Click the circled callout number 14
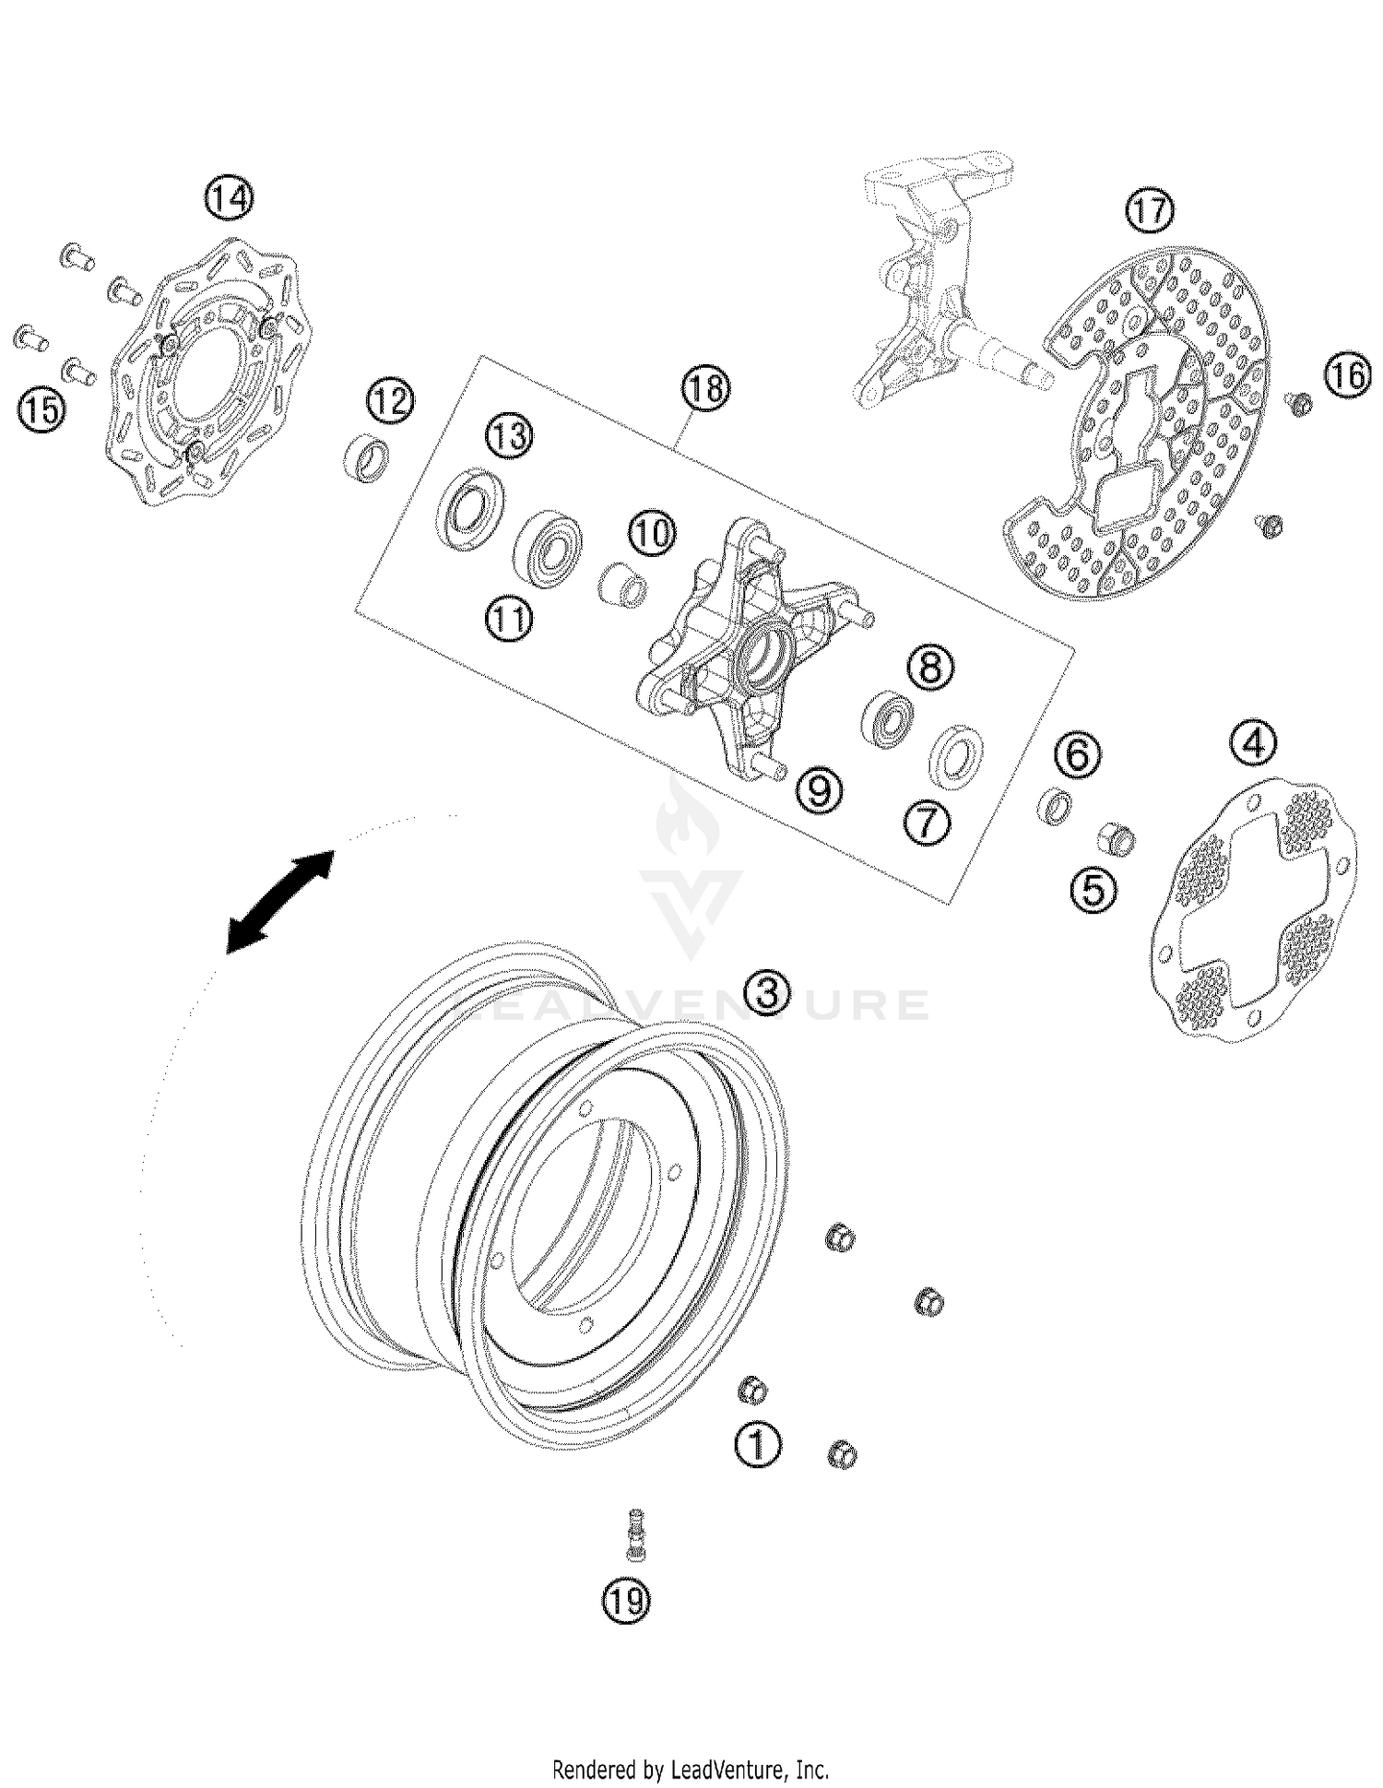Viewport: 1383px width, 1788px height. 229,197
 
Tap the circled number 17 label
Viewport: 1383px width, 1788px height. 1150,212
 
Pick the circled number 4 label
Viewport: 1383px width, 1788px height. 1255,743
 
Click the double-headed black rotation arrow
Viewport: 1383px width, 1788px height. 280,901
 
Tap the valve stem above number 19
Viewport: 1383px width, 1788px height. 635,1535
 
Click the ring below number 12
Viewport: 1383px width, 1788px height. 366,457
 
